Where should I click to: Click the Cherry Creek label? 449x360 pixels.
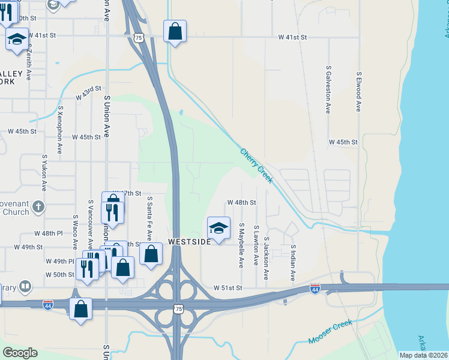(256, 163)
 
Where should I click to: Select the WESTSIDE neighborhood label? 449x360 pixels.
(190, 242)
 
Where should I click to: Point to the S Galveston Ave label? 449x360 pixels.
(328, 90)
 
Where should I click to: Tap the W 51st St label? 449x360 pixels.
(228, 288)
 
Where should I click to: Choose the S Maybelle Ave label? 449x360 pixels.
(241, 245)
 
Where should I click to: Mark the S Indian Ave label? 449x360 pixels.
(293, 263)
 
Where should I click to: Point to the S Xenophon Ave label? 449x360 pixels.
(59, 130)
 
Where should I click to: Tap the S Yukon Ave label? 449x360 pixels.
(44, 170)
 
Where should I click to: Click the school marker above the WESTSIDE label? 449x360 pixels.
(218, 228)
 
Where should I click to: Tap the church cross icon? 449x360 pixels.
(38, 207)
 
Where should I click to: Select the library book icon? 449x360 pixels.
(26, 287)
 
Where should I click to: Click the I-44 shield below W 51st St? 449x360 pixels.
(315, 289)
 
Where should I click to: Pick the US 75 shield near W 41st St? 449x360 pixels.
(139, 38)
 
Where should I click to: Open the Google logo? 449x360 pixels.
(20, 353)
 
